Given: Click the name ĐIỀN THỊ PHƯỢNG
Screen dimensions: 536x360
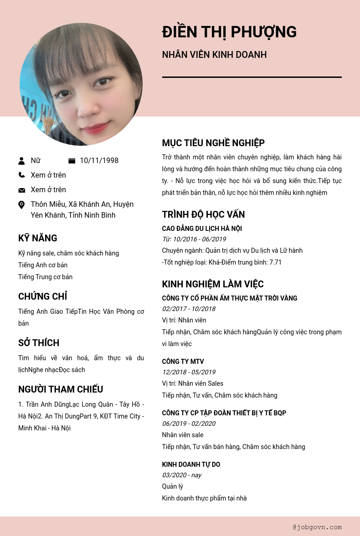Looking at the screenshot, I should click(229, 32).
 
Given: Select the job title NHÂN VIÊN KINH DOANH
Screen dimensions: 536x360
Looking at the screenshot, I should click(214, 55).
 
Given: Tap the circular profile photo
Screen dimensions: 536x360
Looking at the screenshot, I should click(81, 84).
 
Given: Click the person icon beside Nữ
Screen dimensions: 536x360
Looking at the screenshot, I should click(21, 161).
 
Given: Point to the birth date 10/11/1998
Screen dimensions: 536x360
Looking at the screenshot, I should click(99, 161).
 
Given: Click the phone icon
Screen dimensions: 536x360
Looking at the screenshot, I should click(21, 175).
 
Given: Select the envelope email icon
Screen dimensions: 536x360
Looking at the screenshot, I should click(21, 190).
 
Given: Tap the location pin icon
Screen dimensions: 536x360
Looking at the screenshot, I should click(21, 205).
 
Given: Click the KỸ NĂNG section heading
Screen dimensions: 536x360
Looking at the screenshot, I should click(38, 238).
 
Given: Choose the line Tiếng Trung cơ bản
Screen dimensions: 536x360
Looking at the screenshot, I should click(46, 277).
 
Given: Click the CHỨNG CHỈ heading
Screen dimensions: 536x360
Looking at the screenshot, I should click(43, 296).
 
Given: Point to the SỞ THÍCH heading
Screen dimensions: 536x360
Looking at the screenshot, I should click(39, 343).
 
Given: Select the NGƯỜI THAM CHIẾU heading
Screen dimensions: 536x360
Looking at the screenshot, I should click(61, 389).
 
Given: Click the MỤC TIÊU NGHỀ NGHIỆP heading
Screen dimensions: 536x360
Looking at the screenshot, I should click(213, 143).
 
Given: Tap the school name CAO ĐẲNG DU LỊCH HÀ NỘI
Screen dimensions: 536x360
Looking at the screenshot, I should click(202, 229).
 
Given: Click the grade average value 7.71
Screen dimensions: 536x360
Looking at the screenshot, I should click(275, 262).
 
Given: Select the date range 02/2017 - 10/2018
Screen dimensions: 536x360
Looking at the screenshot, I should click(189, 309).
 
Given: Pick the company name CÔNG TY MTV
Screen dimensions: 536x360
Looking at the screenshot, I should click(183, 362).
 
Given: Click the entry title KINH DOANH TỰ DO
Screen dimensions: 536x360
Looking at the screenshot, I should click(191, 465).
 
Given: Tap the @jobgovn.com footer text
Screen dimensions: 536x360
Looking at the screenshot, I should click(317, 527).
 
